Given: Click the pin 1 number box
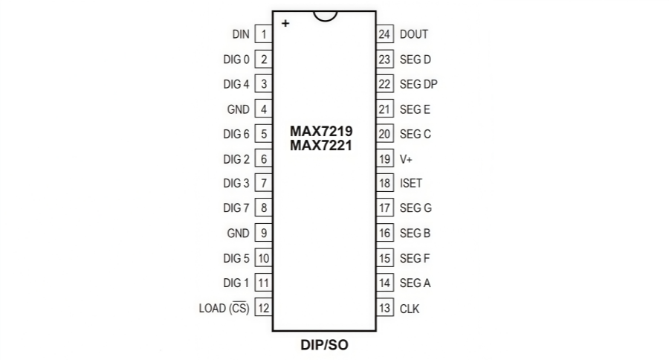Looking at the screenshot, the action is coord(264,34).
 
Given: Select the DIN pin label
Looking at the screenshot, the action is coord(241,34).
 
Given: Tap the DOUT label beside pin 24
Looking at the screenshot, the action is coord(413,34).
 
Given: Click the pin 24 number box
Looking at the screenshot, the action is coord(384,34).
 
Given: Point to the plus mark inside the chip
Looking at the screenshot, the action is coord(285,24).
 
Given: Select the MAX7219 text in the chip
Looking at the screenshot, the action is coord(321,131).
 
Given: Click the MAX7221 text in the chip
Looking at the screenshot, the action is coord(321,146).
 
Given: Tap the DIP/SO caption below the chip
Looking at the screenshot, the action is coord(324,345).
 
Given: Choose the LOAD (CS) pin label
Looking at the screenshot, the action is coord(224,308).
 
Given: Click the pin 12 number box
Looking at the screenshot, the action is coord(264,308).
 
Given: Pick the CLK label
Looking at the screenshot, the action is coord(409,309).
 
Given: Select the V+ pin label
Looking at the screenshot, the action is coord(406,159).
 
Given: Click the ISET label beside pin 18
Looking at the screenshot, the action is coord(410,183).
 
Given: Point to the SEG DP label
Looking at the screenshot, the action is coord(418,84).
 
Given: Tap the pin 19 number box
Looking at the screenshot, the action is coord(384,159).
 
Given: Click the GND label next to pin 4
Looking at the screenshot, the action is coord(238,109).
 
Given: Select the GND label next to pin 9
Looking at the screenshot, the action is coord(238,233).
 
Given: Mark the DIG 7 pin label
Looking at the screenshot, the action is coord(236,208).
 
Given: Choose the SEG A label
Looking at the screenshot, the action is coord(415,283).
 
